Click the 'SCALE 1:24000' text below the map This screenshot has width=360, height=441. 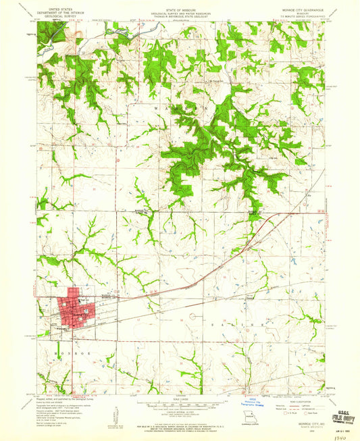(x=180, y=399)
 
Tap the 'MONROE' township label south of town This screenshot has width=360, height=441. (x=62, y=353)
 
